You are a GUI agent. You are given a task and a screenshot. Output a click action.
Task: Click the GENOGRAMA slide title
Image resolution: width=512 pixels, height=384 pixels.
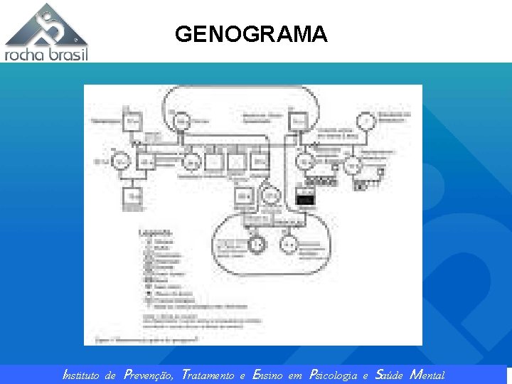(x=251, y=34)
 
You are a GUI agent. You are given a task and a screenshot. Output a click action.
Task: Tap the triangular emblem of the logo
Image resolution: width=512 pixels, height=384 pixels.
(x=47, y=26)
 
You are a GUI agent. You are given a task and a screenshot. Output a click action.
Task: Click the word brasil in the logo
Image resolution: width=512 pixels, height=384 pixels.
(x=68, y=54)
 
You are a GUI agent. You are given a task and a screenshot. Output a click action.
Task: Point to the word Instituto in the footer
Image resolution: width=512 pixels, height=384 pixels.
(x=83, y=375)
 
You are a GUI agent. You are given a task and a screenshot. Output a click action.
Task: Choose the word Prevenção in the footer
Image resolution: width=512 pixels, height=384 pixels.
(x=148, y=375)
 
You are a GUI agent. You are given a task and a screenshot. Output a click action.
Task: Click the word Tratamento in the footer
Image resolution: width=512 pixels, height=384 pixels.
(x=208, y=375)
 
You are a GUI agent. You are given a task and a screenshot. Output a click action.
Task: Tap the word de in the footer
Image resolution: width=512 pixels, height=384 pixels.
(x=110, y=375)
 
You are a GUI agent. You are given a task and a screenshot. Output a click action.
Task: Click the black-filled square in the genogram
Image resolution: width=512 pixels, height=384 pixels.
(x=304, y=201)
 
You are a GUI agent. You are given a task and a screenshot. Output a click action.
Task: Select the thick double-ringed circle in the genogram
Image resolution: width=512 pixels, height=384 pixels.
(x=257, y=244)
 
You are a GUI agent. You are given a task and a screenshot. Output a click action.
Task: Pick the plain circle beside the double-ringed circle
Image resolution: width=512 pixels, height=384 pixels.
(x=290, y=244)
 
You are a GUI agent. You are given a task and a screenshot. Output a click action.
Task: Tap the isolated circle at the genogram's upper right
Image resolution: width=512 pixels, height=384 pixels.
(x=366, y=122)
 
